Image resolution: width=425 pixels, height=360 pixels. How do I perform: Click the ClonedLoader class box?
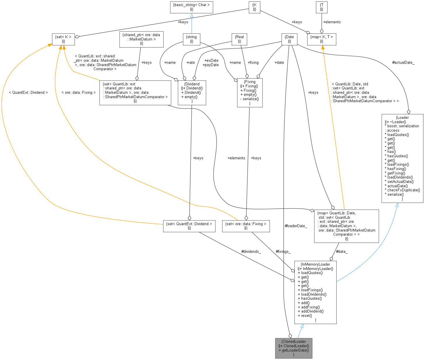pos(294,348)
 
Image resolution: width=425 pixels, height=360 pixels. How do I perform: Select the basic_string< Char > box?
pos(191,7)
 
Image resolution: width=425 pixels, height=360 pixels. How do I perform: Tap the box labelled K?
pos(254,7)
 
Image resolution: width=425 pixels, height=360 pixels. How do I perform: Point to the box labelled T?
pos(322,7)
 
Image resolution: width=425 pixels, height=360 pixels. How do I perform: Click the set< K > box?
pos(63,39)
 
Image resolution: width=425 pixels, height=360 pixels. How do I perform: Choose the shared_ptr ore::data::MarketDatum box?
pos(141,39)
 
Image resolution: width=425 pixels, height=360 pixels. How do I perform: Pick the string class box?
pos(191,39)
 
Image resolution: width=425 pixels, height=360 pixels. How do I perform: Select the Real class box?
pos(239,39)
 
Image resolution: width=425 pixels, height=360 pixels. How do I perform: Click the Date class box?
pos(290,39)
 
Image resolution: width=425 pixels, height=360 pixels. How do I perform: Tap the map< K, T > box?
pos(322,39)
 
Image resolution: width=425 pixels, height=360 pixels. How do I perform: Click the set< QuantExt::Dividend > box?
pos(189,226)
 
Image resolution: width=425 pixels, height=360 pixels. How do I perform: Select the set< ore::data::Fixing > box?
pos(246,226)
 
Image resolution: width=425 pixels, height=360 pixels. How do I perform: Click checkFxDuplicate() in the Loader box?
pos(403,190)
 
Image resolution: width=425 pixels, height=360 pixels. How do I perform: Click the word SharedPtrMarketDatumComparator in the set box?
pos(135,97)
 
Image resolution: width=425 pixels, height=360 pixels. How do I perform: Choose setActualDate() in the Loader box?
pos(400,181)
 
